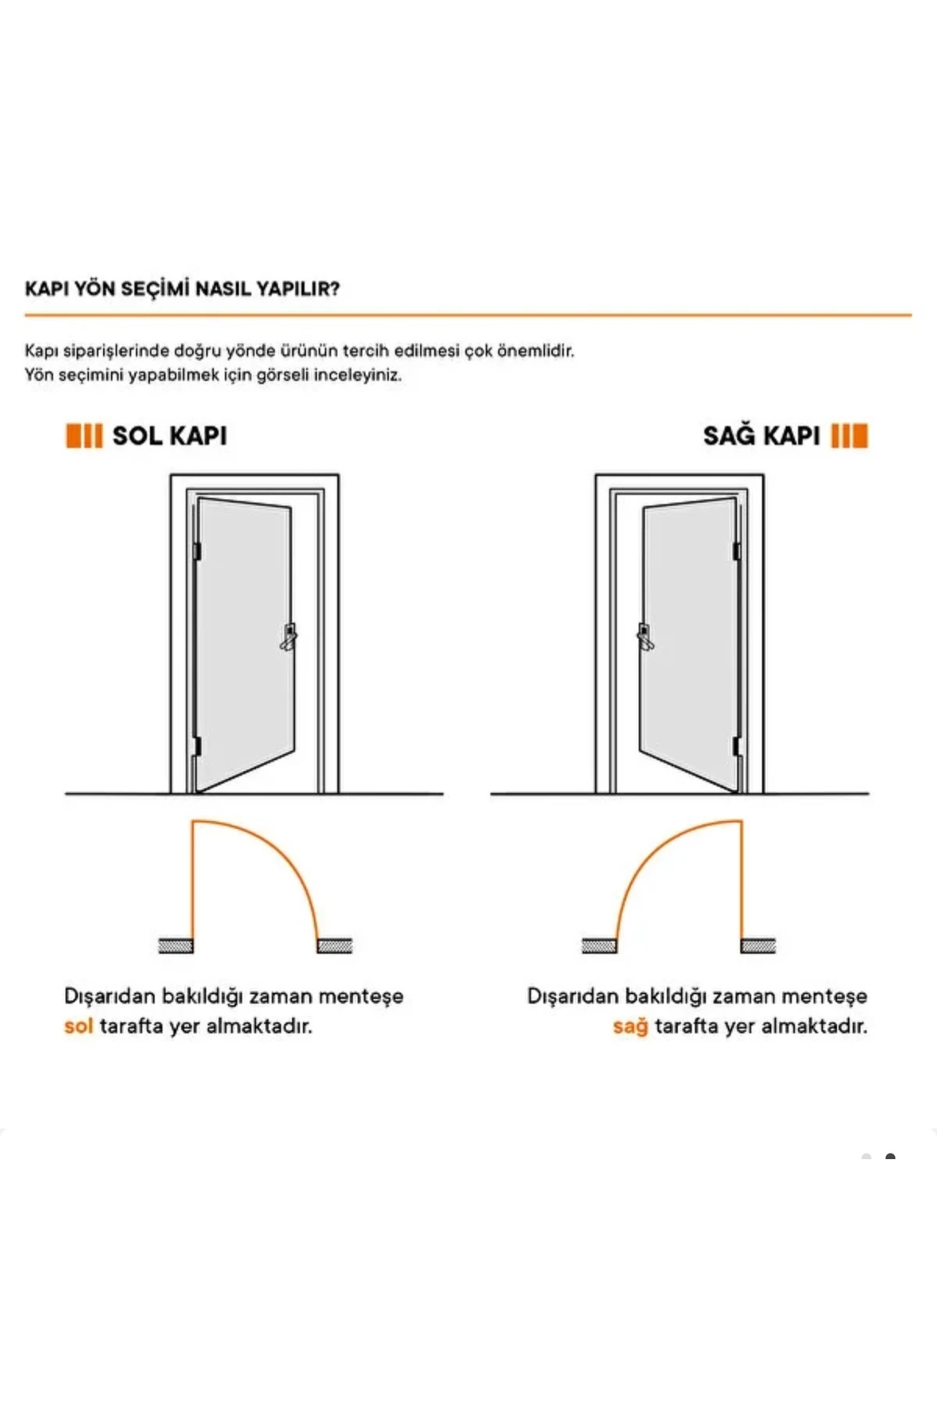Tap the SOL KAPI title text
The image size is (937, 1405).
[x=169, y=436]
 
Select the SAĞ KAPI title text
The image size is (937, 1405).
[x=761, y=436]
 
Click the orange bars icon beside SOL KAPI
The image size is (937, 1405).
[x=84, y=436]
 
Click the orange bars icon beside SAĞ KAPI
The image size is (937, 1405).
[x=850, y=436]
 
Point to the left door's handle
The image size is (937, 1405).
[x=289, y=637]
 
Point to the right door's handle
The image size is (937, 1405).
[x=646, y=637]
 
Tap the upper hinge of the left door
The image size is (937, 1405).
[x=197, y=551]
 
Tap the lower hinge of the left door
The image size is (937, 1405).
[x=196, y=746]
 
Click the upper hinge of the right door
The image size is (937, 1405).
[x=736, y=551]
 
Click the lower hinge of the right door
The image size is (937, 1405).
[x=737, y=746]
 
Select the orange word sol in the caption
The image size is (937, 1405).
[x=78, y=1026]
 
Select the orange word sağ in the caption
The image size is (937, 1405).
[x=630, y=1026]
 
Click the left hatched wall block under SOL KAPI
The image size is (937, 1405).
[x=176, y=946]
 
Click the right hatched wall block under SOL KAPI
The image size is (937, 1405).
[x=335, y=946]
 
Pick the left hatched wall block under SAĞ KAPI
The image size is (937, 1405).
[x=600, y=946]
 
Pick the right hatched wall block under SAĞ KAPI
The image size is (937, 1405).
[x=758, y=946]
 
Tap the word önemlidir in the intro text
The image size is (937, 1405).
[x=536, y=350]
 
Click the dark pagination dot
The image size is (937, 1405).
[x=890, y=1157]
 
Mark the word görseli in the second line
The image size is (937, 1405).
[x=283, y=375]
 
